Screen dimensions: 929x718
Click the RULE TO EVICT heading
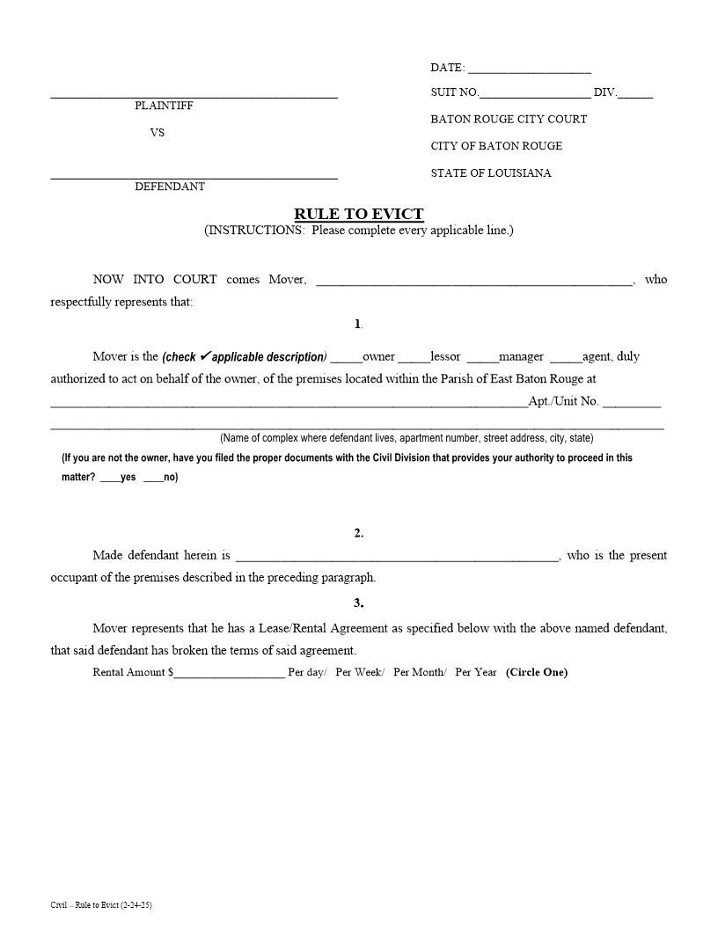click(x=358, y=214)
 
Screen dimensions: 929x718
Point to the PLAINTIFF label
click(x=164, y=106)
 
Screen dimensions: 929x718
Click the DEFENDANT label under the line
click(x=170, y=187)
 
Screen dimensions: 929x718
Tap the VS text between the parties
click(x=157, y=133)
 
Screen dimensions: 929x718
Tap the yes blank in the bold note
click(x=110, y=479)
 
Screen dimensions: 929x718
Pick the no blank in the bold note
click(x=152, y=479)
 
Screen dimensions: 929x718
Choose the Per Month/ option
click(x=420, y=672)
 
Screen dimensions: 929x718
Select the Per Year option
click(x=475, y=672)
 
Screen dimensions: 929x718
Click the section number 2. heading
click(x=358, y=533)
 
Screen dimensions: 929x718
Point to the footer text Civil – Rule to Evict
click(x=95, y=904)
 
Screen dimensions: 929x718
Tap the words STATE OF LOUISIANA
click(x=491, y=173)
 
